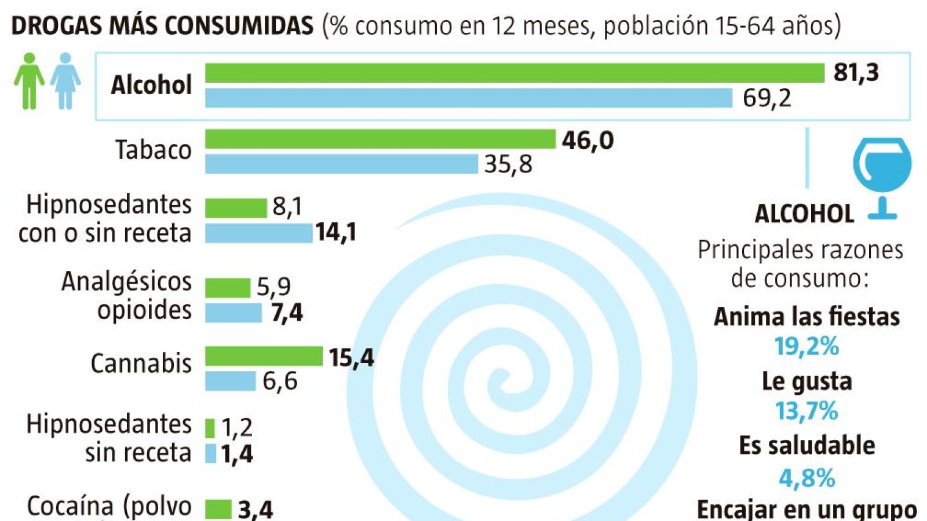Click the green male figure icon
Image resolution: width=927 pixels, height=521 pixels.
(29, 80)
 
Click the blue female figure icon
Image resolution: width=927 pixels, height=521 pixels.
(65, 80)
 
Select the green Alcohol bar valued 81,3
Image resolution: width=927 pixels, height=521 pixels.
(514, 73)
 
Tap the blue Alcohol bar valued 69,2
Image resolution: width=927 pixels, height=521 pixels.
(468, 98)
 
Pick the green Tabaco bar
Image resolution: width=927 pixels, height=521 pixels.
(380, 139)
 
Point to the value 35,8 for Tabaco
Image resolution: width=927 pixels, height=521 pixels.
(508, 164)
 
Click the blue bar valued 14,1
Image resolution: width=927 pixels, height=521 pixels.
(258, 233)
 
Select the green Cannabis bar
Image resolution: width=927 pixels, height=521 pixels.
(264, 356)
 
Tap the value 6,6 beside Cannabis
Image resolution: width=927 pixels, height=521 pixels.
(280, 381)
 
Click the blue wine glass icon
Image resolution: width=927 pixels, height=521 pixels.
(882, 174)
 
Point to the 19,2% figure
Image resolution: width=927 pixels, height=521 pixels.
(806, 347)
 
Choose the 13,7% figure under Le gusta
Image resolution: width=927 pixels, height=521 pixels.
(806, 411)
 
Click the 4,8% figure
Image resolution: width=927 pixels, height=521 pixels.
(806, 478)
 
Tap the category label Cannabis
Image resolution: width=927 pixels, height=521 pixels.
(141, 364)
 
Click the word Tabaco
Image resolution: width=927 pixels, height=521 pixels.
(153, 150)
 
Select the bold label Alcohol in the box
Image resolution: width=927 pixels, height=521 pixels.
(151, 85)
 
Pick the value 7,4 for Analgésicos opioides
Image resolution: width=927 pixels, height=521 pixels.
(287, 313)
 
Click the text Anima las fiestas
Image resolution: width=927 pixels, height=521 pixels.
(806, 317)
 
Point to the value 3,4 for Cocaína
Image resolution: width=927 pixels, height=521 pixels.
(256, 509)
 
